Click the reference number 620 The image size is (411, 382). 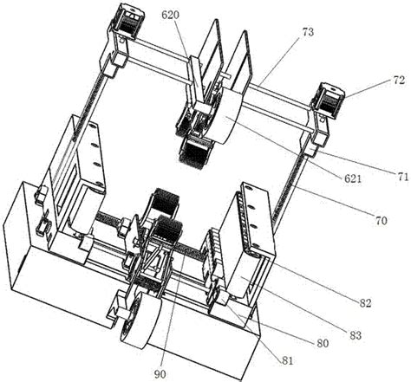170,15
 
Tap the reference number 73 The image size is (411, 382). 308,32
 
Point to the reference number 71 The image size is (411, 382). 402,176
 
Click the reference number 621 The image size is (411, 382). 353,178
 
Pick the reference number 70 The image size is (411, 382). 381,221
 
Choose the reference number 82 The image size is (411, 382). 365,302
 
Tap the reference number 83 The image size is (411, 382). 356,335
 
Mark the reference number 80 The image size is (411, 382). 323,343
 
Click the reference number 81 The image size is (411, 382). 287,360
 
